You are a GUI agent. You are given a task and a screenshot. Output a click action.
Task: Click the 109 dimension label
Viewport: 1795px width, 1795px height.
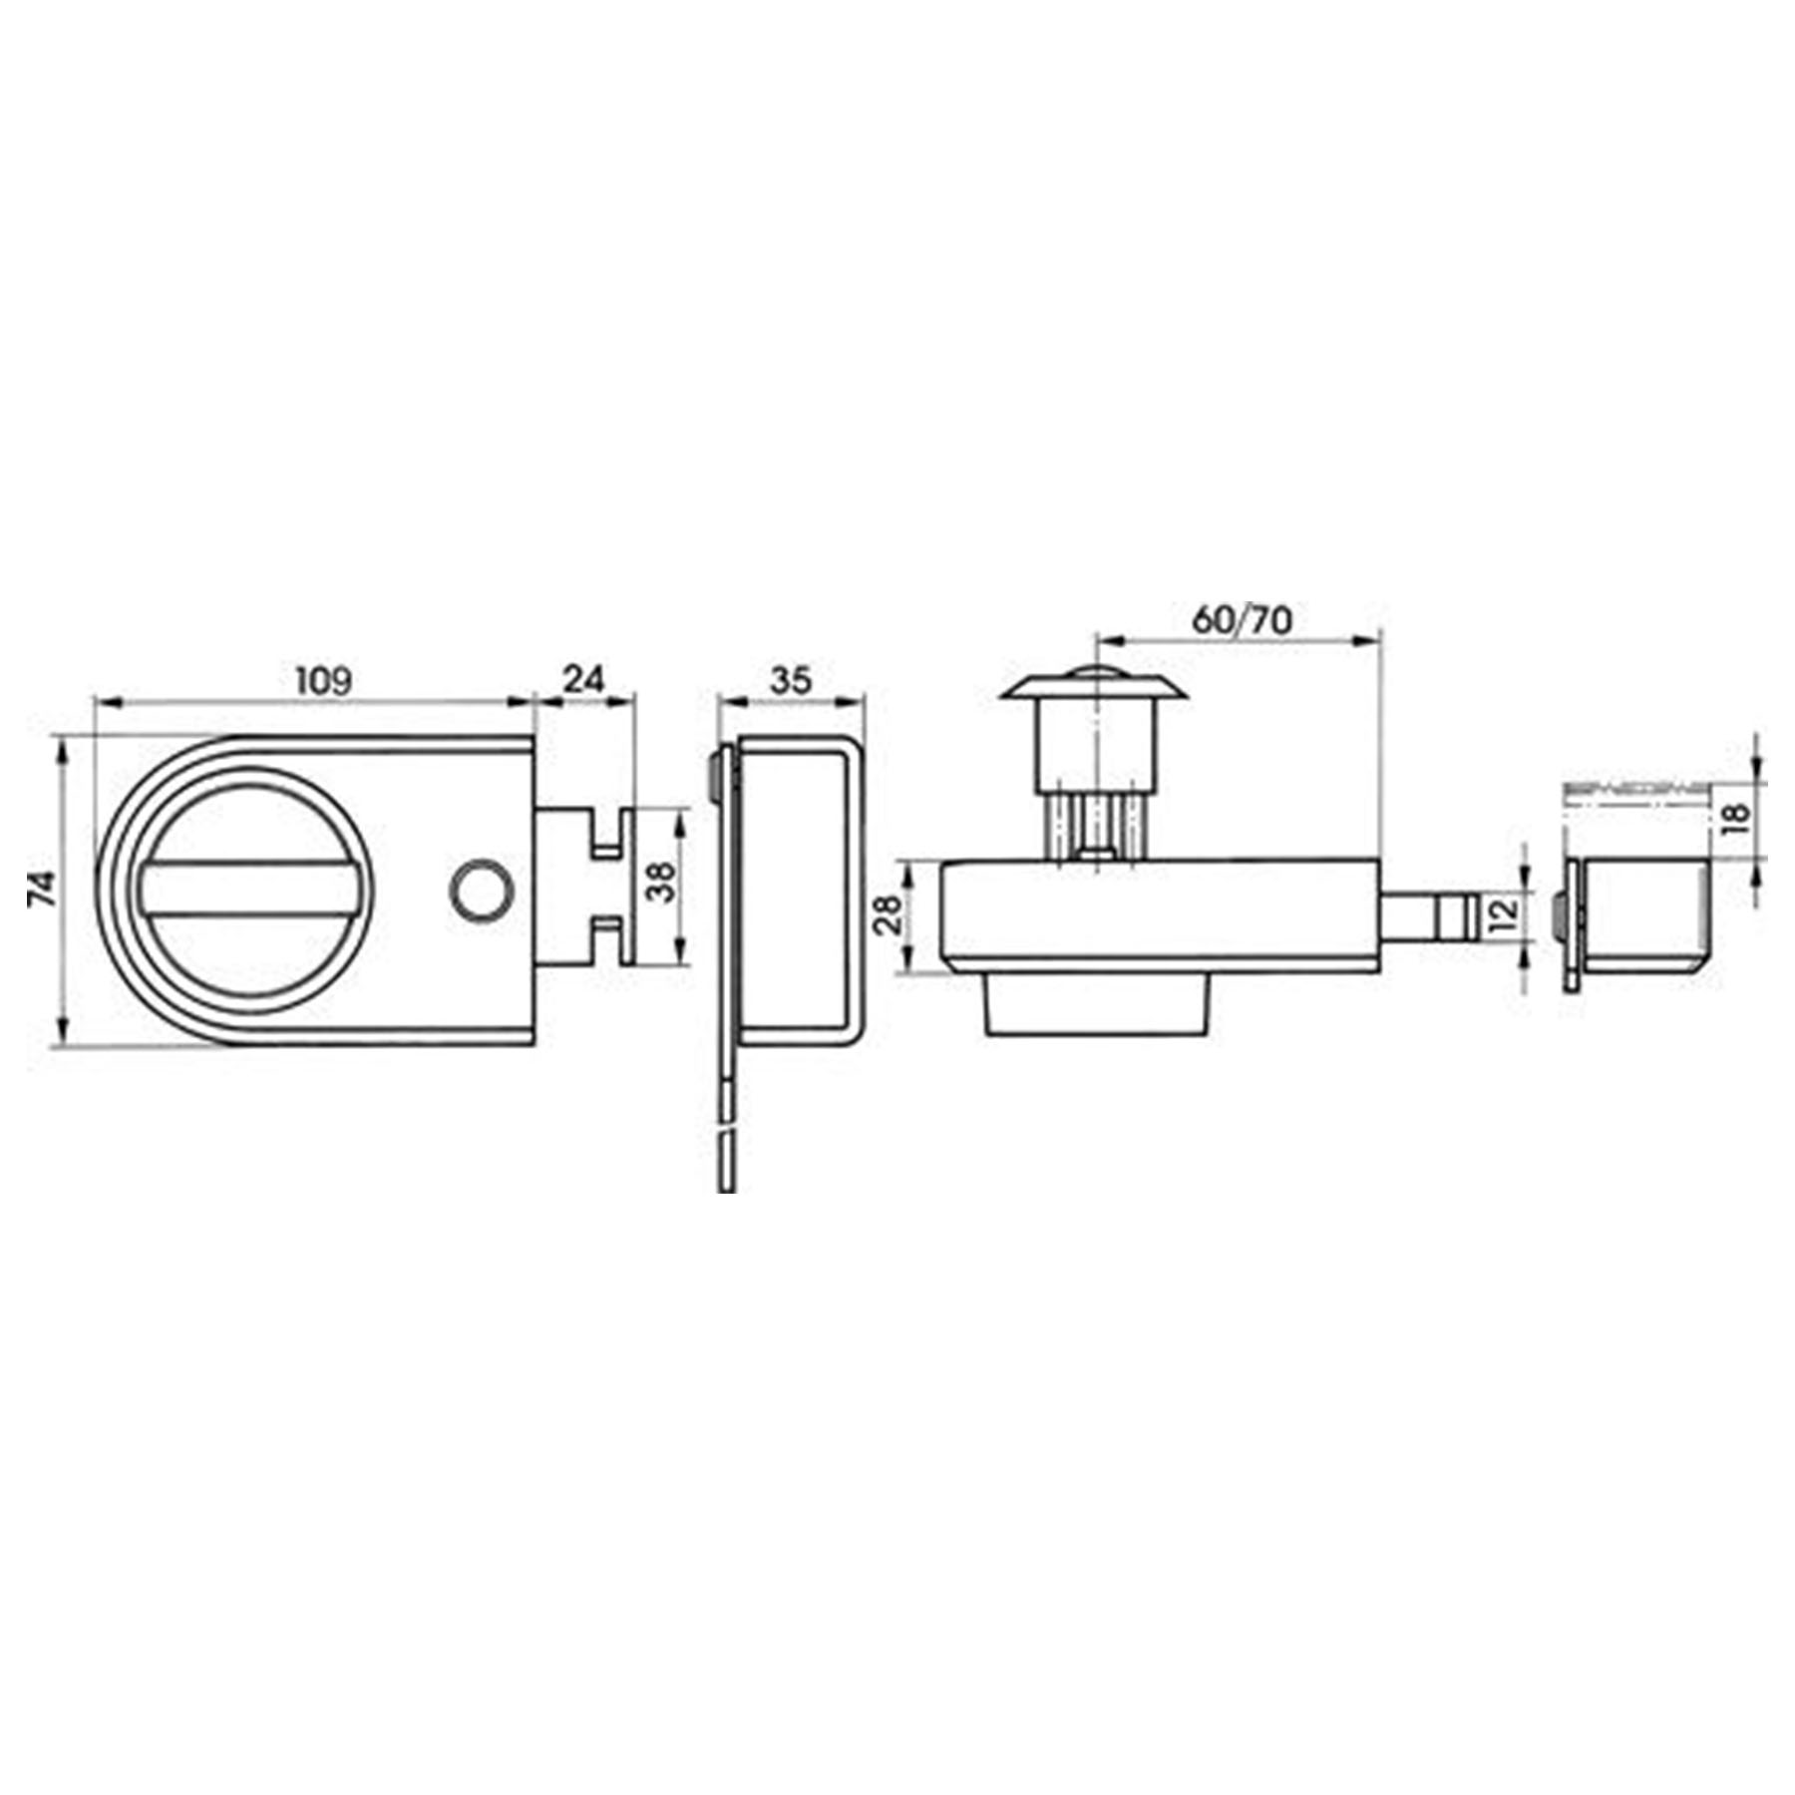coord(324,681)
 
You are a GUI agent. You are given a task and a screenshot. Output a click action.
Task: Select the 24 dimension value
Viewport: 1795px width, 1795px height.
coord(584,679)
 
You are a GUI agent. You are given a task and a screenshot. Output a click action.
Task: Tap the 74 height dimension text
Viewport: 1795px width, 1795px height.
coord(41,889)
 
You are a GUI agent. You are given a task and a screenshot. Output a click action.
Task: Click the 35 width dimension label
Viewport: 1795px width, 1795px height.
coord(791,681)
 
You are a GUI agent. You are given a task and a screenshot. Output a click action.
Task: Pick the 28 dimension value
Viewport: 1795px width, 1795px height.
coord(888,913)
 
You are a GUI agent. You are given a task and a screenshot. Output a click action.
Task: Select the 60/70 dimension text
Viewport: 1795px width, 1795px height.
coord(1242,620)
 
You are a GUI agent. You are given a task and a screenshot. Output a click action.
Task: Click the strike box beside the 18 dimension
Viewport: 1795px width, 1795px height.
coord(1640,914)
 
